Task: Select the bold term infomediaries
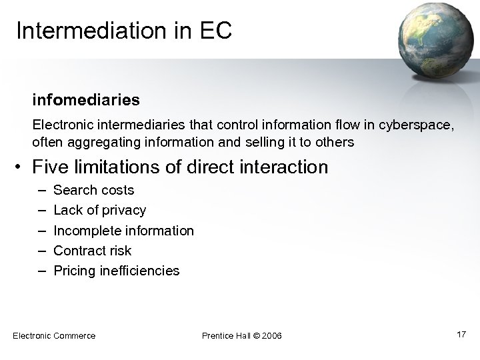(86, 100)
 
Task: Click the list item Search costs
(93, 190)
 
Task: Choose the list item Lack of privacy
(99, 210)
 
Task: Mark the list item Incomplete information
(123, 231)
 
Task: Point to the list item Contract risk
(92, 251)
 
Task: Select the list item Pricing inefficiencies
(116, 271)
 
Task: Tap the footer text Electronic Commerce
(54, 335)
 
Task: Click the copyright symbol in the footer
(253, 335)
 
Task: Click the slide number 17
(461, 334)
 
